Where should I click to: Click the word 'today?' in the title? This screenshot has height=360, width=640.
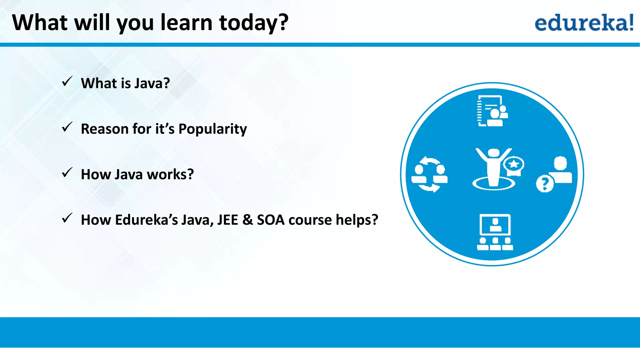pos(254,23)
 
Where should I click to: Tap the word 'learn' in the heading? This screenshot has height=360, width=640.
pos(187,23)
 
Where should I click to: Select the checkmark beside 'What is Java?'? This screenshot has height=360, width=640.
pos(67,82)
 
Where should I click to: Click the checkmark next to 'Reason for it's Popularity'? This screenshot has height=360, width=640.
pos(67,127)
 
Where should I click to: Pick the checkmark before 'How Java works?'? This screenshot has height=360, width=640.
pos(67,172)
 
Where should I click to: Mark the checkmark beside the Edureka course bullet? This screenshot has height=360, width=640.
pos(67,218)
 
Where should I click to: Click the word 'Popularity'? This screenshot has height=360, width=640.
pos(212,129)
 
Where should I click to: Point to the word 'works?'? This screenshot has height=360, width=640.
pos(170,174)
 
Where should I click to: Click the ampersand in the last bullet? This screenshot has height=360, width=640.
pos(247,220)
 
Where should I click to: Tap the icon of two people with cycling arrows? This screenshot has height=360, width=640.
pos(429,174)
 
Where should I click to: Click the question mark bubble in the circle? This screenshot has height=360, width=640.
pos(545,184)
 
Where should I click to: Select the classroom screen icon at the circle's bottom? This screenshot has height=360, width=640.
pos(495,232)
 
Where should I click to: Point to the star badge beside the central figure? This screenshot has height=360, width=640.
pos(514,165)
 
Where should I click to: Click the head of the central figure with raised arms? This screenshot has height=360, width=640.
pos(494,153)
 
